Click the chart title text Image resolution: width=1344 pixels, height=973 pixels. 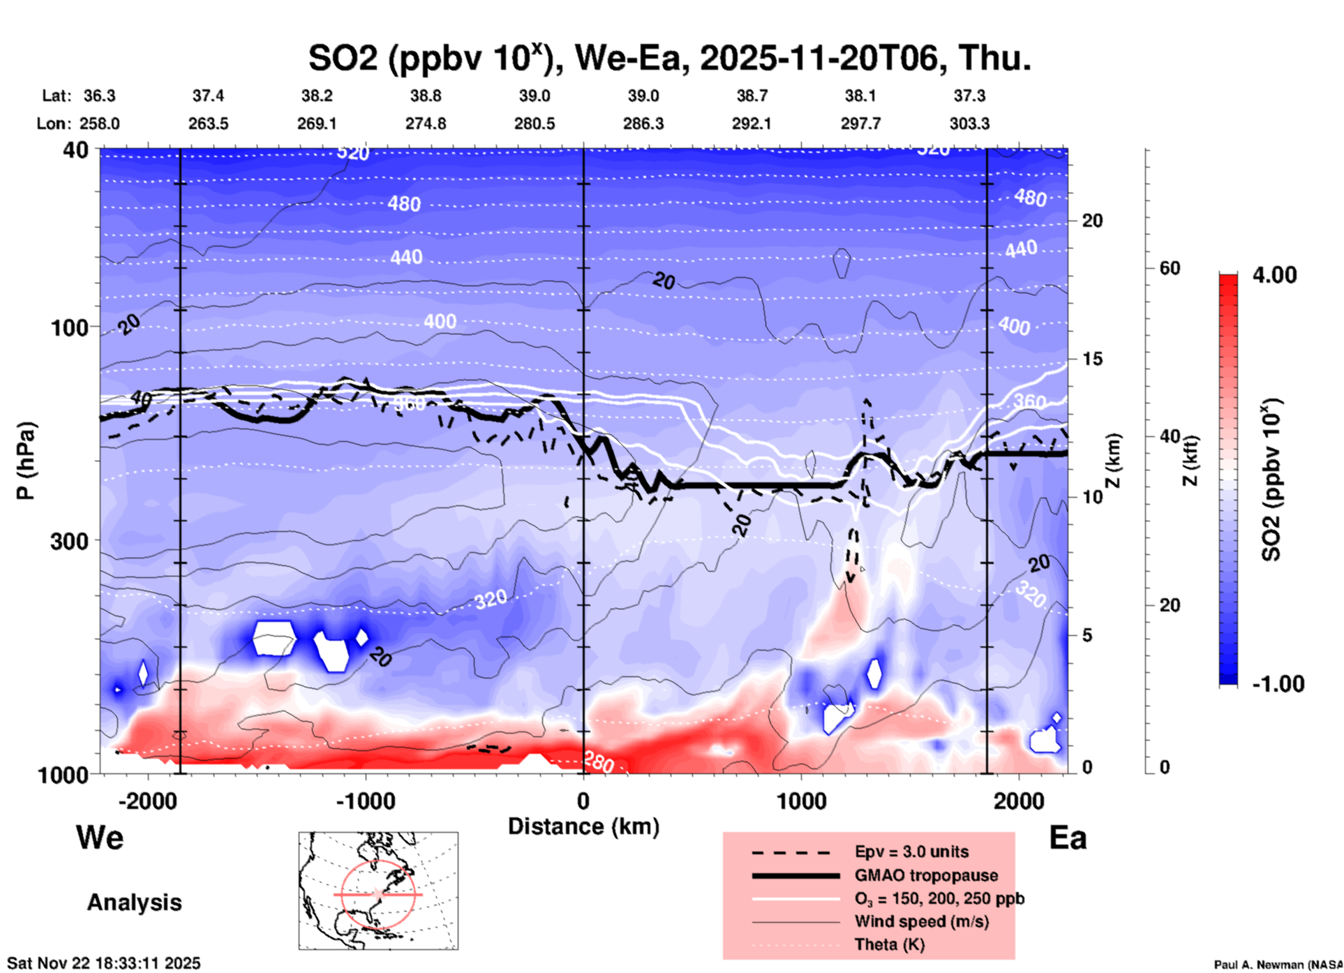tap(669, 59)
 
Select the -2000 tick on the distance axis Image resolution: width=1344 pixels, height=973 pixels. tap(148, 801)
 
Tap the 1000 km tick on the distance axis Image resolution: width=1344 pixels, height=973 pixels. tap(801, 801)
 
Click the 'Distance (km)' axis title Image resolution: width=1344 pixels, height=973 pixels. tap(583, 826)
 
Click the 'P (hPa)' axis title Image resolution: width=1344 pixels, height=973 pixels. tap(26, 461)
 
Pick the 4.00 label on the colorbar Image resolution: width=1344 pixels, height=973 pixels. tap(1274, 275)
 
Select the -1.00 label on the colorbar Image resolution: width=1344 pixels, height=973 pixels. tap(1277, 684)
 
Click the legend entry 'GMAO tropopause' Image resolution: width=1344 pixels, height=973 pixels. tap(926, 875)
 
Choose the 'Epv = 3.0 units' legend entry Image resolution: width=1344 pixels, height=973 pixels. tap(911, 852)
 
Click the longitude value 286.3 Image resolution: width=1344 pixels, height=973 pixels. tap(643, 124)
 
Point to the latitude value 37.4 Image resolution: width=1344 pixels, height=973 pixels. tap(208, 96)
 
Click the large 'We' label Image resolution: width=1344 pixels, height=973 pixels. tap(100, 838)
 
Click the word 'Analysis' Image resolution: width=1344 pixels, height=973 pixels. tap(134, 903)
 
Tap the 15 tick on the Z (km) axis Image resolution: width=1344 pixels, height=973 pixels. tap(1091, 359)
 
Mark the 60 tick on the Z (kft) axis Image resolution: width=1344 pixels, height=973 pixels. tap(1170, 268)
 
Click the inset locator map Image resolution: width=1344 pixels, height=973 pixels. tap(378, 890)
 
